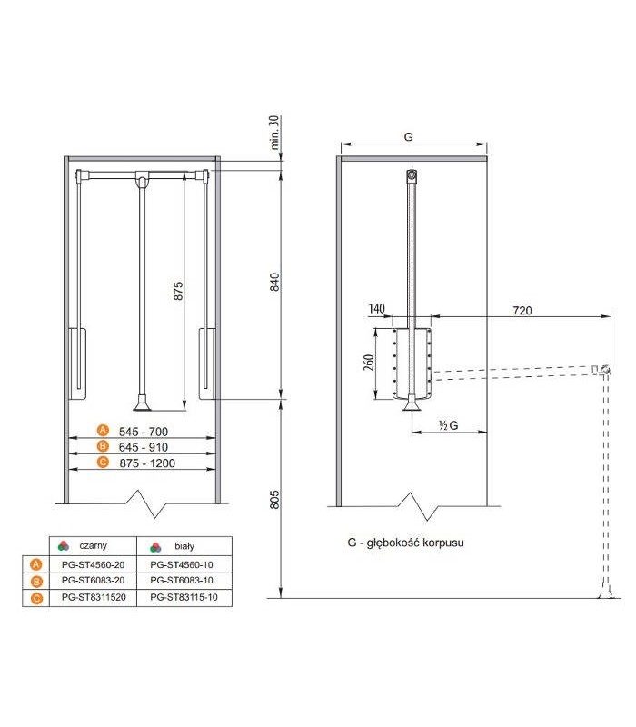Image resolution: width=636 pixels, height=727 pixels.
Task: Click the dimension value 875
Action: (x=179, y=290)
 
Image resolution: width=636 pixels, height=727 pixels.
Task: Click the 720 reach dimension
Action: (x=521, y=310)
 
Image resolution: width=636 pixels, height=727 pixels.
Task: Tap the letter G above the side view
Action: (x=409, y=136)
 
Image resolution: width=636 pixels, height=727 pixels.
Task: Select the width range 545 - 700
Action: (x=145, y=431)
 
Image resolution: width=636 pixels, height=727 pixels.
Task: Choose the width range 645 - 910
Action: (x=145, y=447)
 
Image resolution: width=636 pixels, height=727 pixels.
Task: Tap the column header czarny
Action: (x=94, y=546)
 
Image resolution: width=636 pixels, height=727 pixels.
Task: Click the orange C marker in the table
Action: (x=35, y=598)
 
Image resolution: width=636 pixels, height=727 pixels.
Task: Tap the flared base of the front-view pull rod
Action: (x=141, y=401)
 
